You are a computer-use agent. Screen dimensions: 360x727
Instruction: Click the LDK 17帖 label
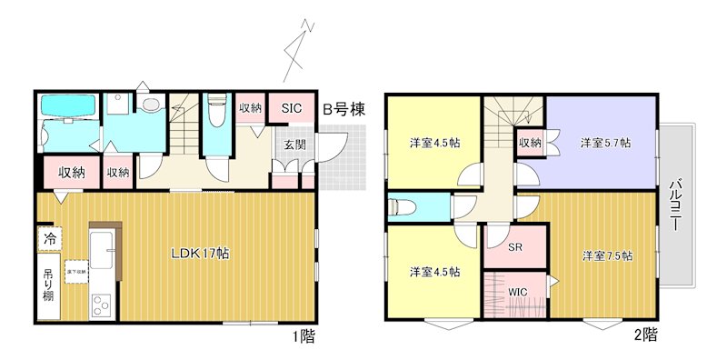coord(201,254)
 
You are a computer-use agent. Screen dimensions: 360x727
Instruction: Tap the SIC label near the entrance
coord(290,108)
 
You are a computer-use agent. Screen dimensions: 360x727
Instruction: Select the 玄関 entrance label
coord(294,145)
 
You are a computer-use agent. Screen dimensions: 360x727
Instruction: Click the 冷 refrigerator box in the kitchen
coord(49,238)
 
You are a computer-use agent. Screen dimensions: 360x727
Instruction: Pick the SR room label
coord(514,246)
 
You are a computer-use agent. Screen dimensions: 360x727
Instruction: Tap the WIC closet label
coord(517,291)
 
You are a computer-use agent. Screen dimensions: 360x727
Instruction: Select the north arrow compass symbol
coord(299,50)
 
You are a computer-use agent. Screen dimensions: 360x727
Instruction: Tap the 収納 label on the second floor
coord(531,142)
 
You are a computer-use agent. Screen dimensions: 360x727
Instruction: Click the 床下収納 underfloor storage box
coord(75,270)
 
